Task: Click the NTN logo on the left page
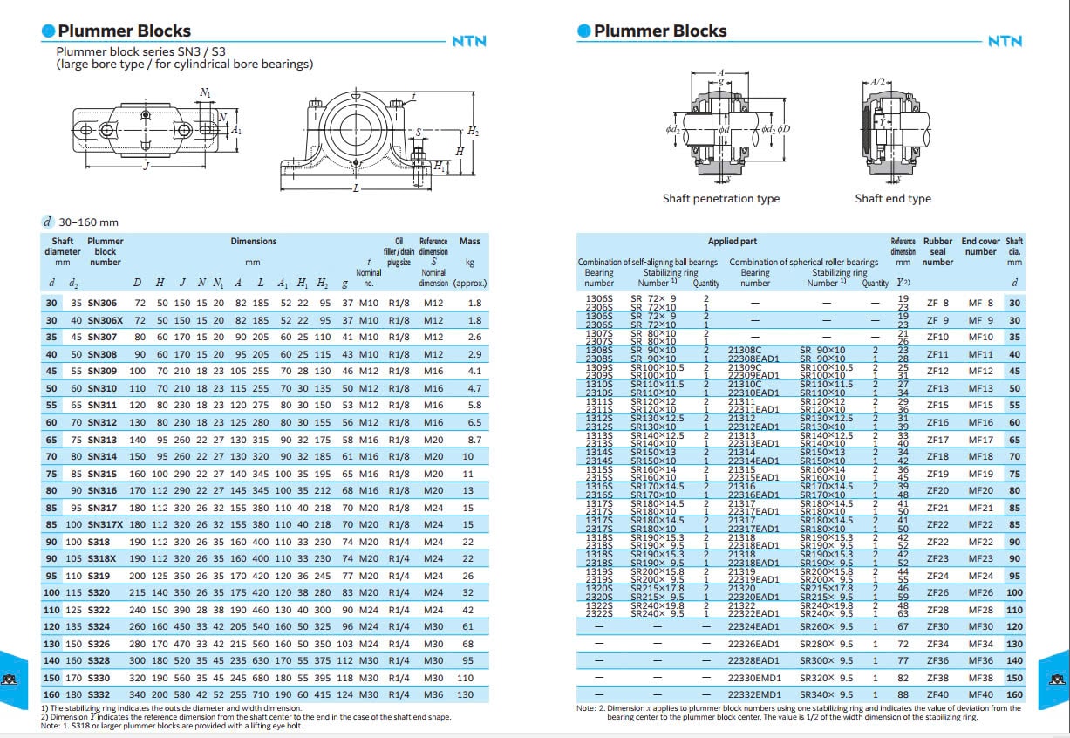pyautogui.click(x=468, y=41)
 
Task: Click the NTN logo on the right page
pyautogui.click(x=1005, y=41)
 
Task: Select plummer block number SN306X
pyautogui.click(x=106, y=320)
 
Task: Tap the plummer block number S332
pyautogui.click(x=99, y=694)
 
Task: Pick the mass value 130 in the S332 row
pyautogui.click(x=466, y=694)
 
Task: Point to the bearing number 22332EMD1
pyautogui.click(x=754, y=694)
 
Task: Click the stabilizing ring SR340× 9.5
pyautogui.click(x=827, y=694)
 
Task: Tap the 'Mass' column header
pyautogui.click(x=469, y=241)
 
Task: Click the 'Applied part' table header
pyautogui.click(x=733, y=241)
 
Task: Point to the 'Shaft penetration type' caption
pyautogui.click(x=721, y=199)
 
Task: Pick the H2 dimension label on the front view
pyautogui.click(x=473, y=132)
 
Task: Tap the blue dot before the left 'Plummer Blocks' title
pyautogui.click(x=49, y=31)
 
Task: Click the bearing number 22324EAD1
pyautogui.click(x=754, y=626)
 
